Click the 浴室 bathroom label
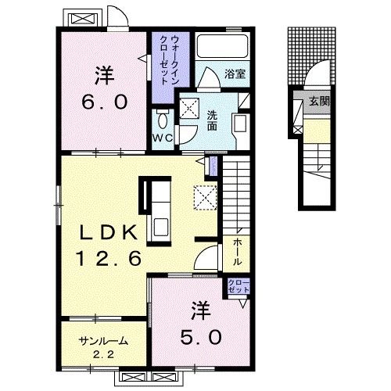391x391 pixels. pos(235,74)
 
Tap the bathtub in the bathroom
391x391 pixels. pos(222,46)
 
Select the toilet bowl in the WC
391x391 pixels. pos(163,120)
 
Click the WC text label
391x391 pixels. pos(163,138)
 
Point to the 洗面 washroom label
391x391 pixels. pos(212,120)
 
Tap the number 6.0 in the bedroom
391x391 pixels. pos(105,102)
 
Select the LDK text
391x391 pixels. pos(109,232)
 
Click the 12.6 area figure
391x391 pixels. pos(109,258)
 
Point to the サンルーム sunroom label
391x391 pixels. pos(104,341)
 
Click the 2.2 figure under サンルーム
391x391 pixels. pos(103,355)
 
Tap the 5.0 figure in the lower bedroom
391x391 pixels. pos(201,338)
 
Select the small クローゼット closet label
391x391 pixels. pos(239,286)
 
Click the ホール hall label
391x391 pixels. pos(237,252)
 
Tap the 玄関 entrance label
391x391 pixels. pos(319,101)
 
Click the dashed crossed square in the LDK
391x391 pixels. pos(205,197)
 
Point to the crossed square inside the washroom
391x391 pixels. pos(189,108)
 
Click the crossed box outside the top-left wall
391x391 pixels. pos(82,19)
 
